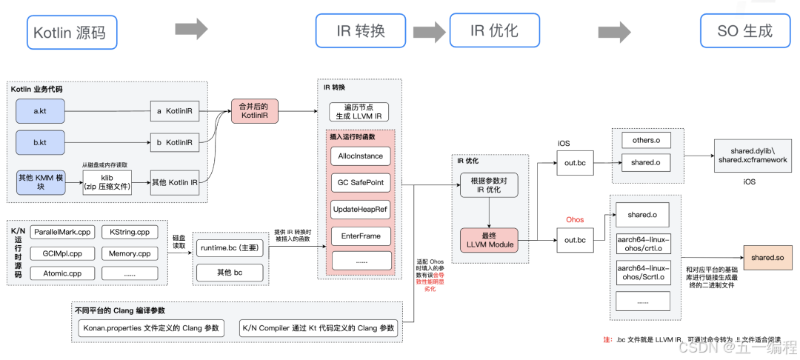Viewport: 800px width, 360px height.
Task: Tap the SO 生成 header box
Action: (x=744, y=31)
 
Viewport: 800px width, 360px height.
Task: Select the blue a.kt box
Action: (x=41, y=111)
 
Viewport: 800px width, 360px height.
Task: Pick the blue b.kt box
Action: (x=41, y=142)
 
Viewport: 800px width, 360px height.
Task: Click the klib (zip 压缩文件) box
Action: (x=107, y=182)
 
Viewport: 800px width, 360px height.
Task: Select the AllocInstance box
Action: (x=360, y=156)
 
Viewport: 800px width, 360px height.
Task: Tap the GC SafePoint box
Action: (x=360, y=182)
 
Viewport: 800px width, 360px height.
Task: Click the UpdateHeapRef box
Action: (x=360, y=209)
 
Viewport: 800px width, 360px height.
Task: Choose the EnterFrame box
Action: (x=360, y=236)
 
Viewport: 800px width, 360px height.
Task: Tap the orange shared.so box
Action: (x=767, y=257)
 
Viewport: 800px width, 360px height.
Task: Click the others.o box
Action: (x=641, y=140)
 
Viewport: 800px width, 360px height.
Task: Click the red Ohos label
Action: (x=575, y=220)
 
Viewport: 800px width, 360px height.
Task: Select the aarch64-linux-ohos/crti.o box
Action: (x=642, y=244)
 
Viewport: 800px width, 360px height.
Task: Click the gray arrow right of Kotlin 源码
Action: (x=191, y=30)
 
